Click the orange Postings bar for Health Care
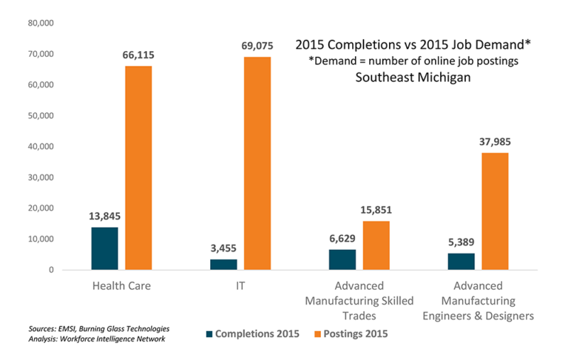pos(138,168)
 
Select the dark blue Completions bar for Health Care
pos(104,248)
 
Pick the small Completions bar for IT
pos(223,265)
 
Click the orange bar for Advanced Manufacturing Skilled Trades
pos(376,245)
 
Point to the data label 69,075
pos(256,46)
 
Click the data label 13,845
pos(104,216)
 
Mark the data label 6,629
pos(342,238)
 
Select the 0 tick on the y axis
pos(51,270)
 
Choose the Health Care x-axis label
pos(121,286)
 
